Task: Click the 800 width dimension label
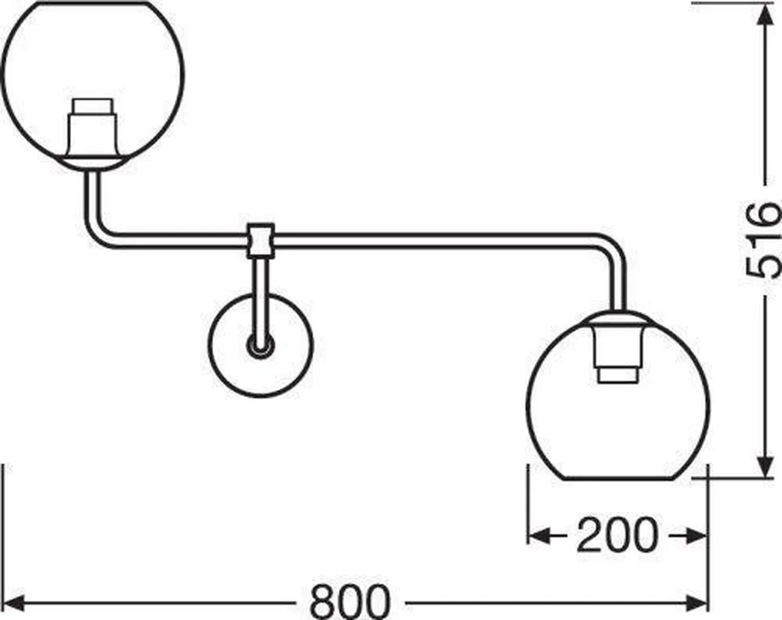coord(350,602)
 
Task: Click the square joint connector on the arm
coord(261,241)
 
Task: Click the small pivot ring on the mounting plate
coord(260,345)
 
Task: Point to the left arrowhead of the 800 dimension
coord(14,603)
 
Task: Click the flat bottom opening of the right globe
coord(618,479)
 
